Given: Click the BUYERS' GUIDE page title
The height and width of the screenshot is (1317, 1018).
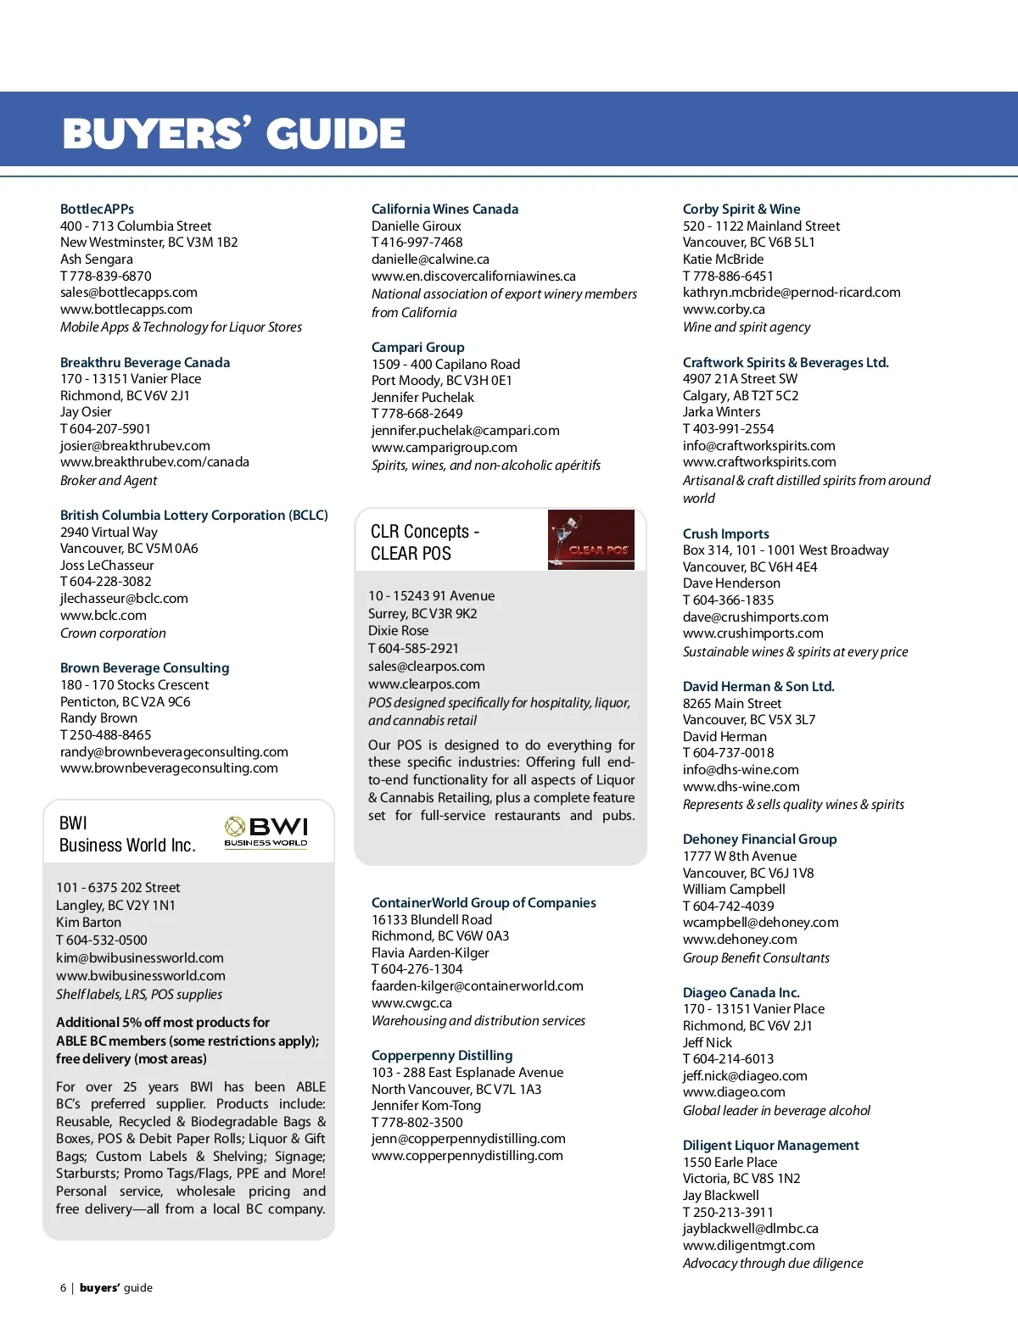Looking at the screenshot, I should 234,134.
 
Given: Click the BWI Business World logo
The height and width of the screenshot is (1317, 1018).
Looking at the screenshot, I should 266,831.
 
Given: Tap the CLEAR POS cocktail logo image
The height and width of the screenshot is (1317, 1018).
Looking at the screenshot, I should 590,539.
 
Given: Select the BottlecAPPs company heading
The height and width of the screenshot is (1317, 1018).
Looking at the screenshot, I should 97,209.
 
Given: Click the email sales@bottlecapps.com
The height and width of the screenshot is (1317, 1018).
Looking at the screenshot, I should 128,293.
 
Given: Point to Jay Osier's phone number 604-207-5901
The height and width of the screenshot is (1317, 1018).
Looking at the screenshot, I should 109,429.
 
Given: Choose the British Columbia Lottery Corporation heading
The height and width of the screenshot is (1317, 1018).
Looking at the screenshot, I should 193,515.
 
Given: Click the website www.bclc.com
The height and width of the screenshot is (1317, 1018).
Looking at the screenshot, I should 103,616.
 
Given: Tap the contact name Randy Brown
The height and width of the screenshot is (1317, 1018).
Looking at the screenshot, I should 98,718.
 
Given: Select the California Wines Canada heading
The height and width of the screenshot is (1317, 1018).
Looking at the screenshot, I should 445,209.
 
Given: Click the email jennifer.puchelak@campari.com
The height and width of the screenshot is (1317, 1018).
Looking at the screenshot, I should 465,431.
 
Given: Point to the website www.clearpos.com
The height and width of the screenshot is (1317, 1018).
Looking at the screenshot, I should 423,684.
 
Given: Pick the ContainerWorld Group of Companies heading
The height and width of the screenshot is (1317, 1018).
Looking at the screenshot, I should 484,902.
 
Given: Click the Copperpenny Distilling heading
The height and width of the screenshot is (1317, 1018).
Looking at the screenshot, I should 442,1055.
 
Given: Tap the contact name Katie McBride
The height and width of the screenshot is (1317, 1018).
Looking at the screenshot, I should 723,259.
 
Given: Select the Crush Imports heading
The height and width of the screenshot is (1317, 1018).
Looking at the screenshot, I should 725,533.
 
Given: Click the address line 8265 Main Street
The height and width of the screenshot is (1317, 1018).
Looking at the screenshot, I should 732,703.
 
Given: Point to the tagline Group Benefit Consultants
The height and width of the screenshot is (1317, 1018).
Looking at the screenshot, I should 756,957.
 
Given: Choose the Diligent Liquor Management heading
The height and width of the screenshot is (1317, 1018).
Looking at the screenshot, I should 770,1145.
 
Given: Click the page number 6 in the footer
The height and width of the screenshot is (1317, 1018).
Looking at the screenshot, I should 63,1287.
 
